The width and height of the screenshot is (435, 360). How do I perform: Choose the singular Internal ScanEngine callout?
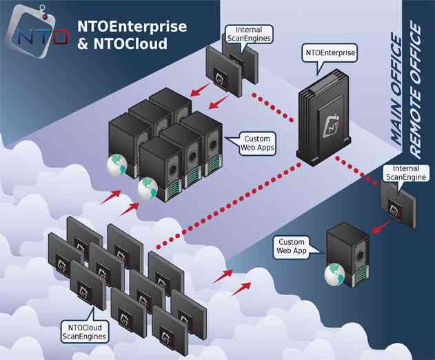pos(405,172)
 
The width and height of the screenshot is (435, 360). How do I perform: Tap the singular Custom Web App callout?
pos(291,246)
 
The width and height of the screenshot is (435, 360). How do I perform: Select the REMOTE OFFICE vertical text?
pos(416,89)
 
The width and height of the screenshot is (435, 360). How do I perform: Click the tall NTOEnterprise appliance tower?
pos(325,121)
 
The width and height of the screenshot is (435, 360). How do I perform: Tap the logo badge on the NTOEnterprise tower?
pos(332,126)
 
